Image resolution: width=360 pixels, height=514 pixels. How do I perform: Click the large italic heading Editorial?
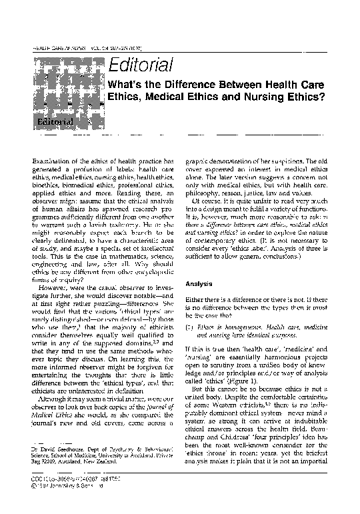point(141,65)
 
